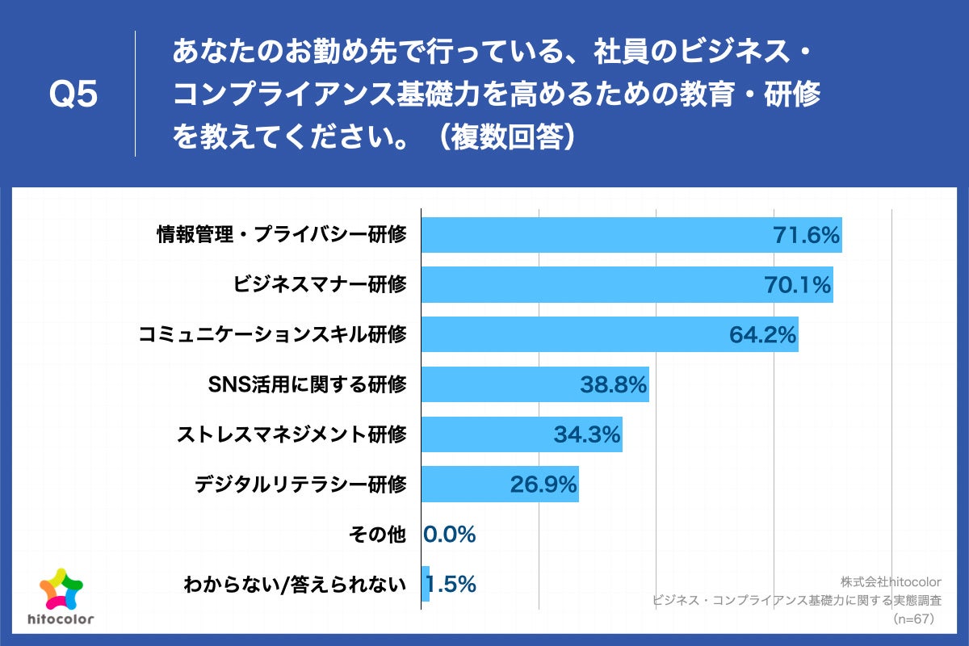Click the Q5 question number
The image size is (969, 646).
(x=73, y=95)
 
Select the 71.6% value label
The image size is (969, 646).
(x=807, y=236)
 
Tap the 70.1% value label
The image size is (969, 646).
(x=798, y=285)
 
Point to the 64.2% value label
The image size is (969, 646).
(x=763, y=334)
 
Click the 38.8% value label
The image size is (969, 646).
(x=614, y=385)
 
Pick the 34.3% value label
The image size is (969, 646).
(x=587, y=435)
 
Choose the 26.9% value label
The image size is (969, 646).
(x=543, y=484)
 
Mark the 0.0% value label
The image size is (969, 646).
(x=450, y=535)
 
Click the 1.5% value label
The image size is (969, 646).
(x=451, y=584)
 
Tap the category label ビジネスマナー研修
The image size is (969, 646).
(x=320, y=285)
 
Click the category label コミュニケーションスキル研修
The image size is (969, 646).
(x=272, y=334)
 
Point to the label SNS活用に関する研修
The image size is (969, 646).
(x=308, y=385)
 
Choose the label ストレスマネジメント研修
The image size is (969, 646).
(x=292, y=435)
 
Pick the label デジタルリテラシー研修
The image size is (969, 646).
(x=300, y=484)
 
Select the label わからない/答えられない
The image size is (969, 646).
(x=295, y=584)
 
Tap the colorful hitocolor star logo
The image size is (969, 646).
(x=61, y=590)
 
